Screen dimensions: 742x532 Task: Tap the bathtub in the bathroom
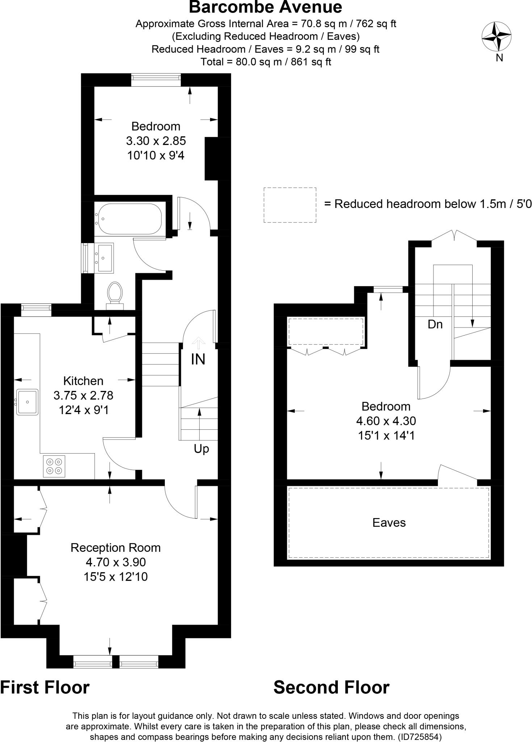[129, 219]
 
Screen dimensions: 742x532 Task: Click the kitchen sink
[27, 402]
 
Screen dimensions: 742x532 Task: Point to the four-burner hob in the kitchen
[54, 466]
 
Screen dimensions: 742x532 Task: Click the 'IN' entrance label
[198, 359]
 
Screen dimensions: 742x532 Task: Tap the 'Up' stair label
[201, 449]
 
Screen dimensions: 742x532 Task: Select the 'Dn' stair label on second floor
[435, 324]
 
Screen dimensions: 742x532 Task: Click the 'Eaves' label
[389, 522]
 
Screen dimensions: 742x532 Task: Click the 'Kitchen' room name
[83, 381]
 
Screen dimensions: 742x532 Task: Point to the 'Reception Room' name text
[116, 547]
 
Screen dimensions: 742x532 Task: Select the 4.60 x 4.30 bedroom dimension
[386, 421]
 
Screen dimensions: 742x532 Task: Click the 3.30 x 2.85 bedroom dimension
[156, 141]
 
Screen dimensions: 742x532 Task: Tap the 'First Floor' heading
[45, 687]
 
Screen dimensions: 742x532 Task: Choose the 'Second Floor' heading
[331, 687]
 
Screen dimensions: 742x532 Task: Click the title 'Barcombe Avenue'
[265, 7]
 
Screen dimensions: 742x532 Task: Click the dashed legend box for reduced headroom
[290, 205]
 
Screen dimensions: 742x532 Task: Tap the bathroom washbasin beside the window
[104, 257]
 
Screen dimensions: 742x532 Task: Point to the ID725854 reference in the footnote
[420, 737]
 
